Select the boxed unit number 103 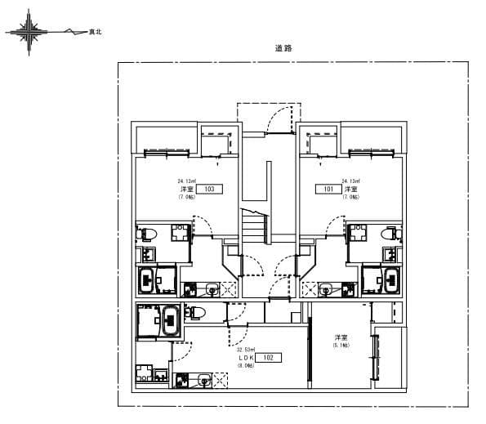coord(209,189)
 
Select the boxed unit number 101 coord(328,189)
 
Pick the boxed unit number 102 coord(268,358)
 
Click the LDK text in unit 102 coord(246,358)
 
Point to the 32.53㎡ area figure coord(246,350)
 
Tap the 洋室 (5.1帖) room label coord(341,341)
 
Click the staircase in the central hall coord(252,221)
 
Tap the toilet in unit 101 coord(395,234)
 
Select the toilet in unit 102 coord(197,311)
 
